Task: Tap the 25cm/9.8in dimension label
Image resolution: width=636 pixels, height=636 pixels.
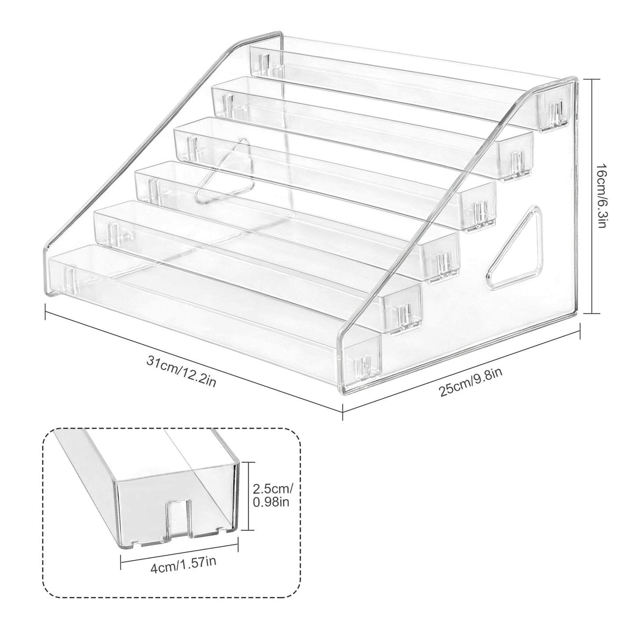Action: pos(471,382)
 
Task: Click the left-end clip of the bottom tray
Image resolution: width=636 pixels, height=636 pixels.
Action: pos(69,276)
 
